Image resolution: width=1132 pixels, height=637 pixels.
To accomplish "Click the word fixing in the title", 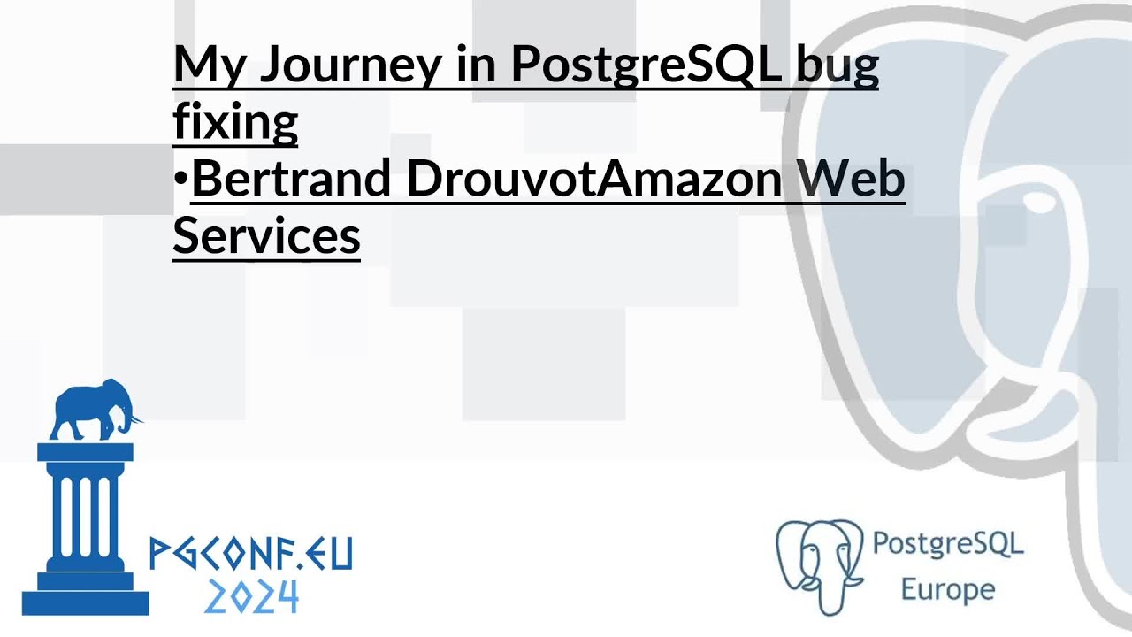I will click(234, 121).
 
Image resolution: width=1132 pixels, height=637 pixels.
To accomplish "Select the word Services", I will click(266, 236).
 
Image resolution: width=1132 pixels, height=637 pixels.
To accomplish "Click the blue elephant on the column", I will click(93, 409).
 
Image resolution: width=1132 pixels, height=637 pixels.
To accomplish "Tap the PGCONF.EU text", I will click(251, 554).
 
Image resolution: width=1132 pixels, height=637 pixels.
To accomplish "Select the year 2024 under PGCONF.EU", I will click(251, 598).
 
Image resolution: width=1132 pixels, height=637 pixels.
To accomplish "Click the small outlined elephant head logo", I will click(819, 564).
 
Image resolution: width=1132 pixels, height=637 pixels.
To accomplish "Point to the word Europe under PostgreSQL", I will click(947, 589).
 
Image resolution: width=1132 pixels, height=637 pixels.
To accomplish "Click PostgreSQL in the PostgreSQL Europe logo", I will click(947, 543).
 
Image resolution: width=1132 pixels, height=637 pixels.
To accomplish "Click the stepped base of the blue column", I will click(85, 593).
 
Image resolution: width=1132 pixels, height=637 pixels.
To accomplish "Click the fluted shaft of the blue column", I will click(85, 513).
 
